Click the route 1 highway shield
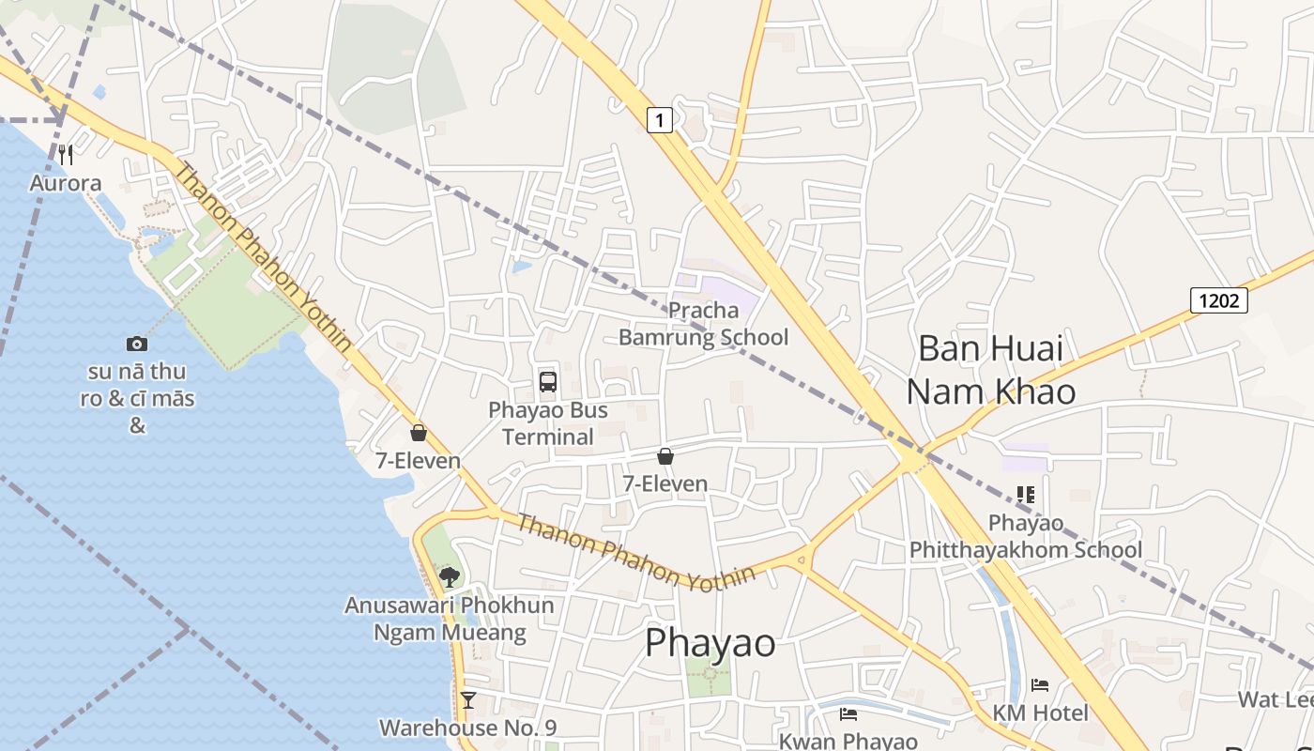pos(661,119)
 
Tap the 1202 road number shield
pos(1218,300)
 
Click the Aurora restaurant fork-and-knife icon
pos(66,155)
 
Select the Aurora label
pos(66,182)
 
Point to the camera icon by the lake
pos(137,345)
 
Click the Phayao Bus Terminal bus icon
pos(548,381)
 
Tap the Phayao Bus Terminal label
pos(548,423)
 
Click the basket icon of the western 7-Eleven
pos(419,433)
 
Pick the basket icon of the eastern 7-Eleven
pos(665,456)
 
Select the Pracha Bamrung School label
pos(703,324)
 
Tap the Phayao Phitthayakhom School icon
pos(1026,494)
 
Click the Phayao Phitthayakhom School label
pos(1026,536)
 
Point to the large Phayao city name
pos(710,643)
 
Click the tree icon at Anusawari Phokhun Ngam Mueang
pos(450,576)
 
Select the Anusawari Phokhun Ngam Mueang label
pos(450,619)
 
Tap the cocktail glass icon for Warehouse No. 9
pos(467,700)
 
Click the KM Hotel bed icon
pos(1040,685)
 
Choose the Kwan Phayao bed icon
pos(848,714)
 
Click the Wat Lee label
pos(1275,699)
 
